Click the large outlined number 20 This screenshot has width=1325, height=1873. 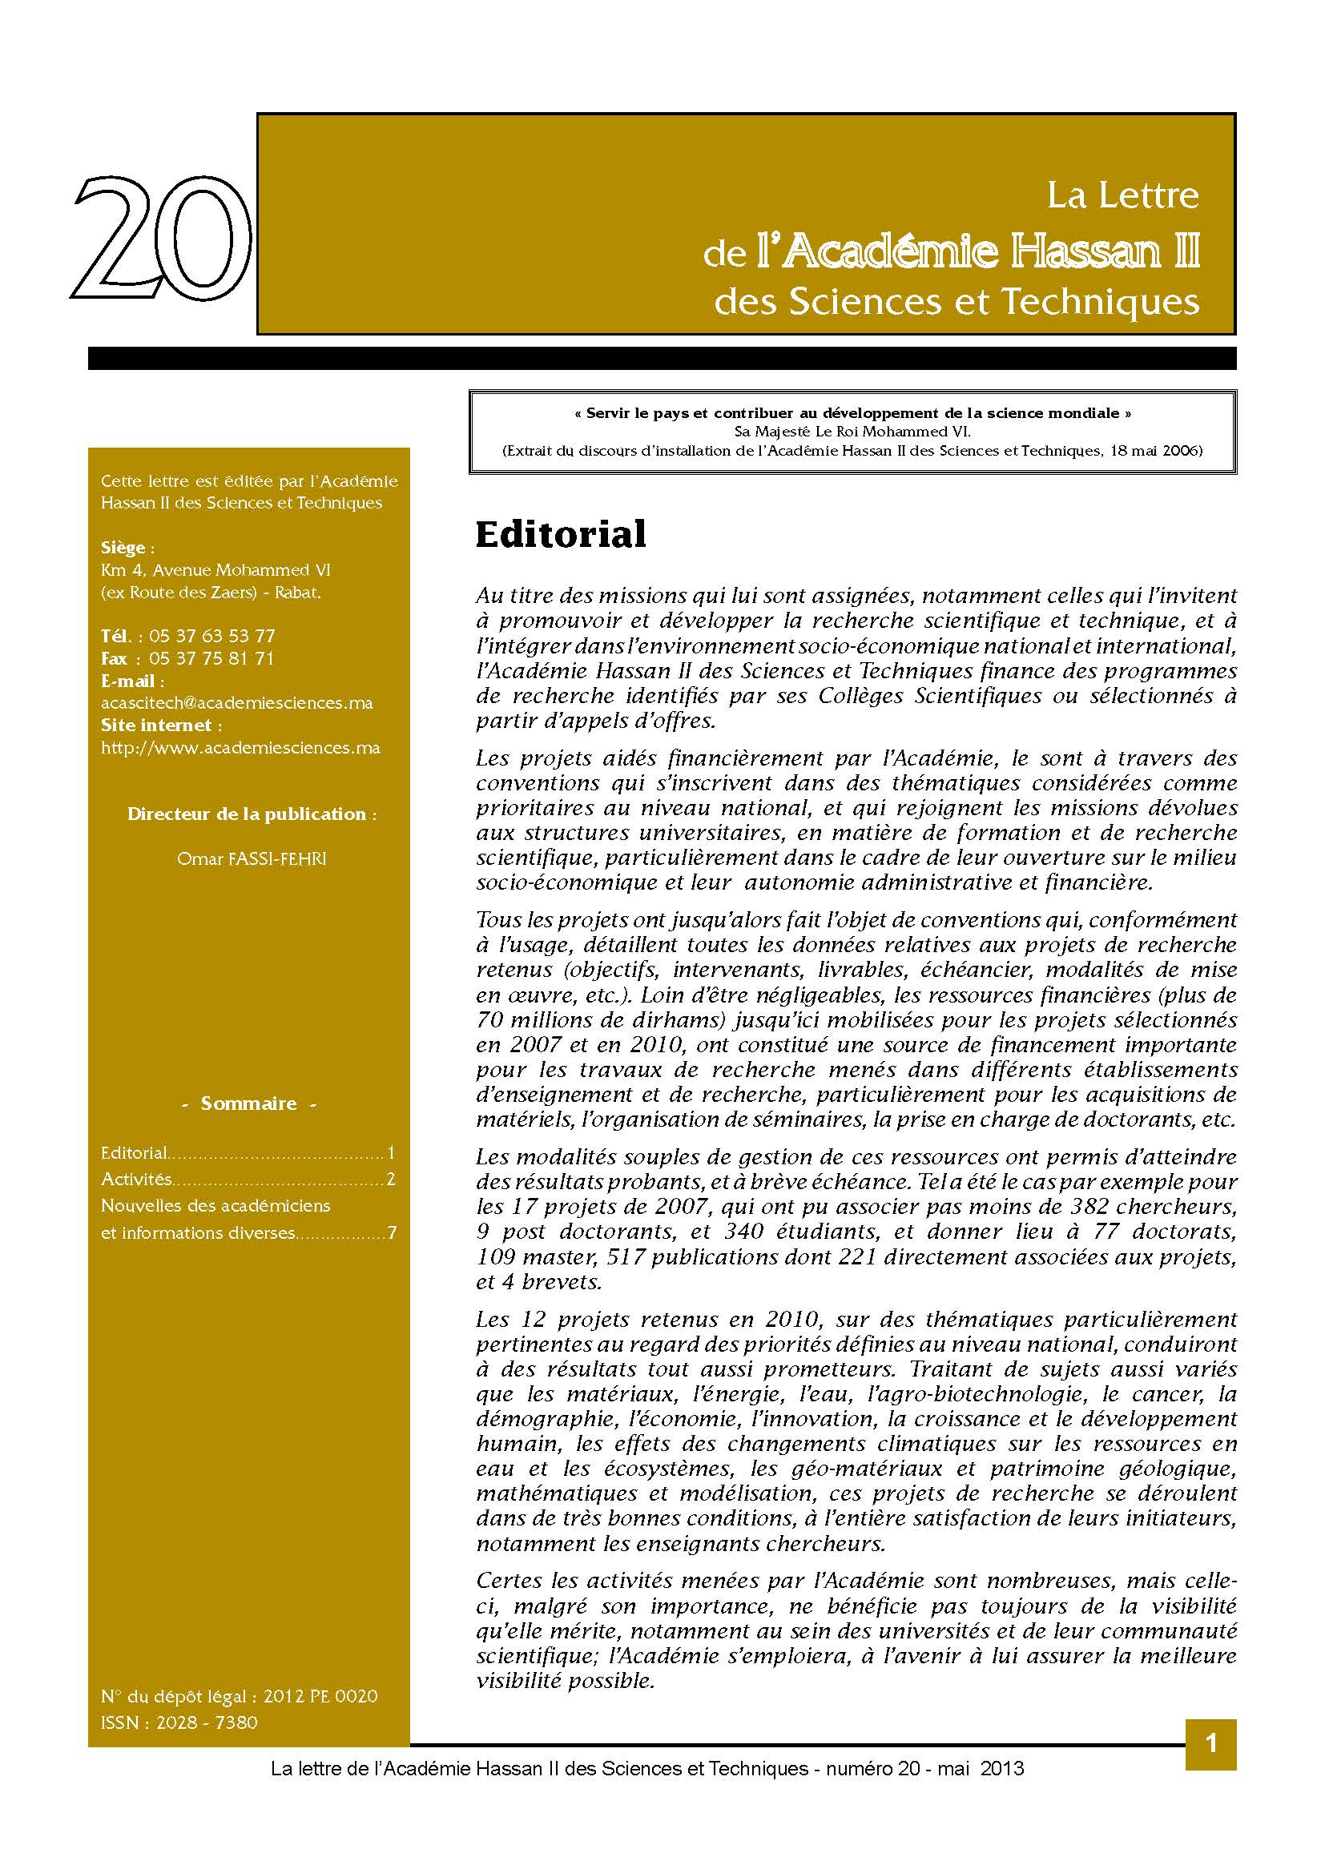(162, 238)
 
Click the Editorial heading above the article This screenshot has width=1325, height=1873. (561, 535)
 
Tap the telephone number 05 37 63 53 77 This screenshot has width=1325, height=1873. (212, 637)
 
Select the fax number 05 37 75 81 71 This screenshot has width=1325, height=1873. (212, 659)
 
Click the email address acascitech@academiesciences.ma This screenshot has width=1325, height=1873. (236, 703)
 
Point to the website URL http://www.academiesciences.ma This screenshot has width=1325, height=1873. (240, 748)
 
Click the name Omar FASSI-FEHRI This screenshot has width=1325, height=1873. (252, 859)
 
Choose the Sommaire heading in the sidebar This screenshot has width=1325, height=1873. (249, 1103)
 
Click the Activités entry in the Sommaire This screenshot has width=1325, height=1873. (136, 1180)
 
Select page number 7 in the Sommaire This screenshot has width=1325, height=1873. (392, 1232)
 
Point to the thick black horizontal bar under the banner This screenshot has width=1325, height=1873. (662, 358)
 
